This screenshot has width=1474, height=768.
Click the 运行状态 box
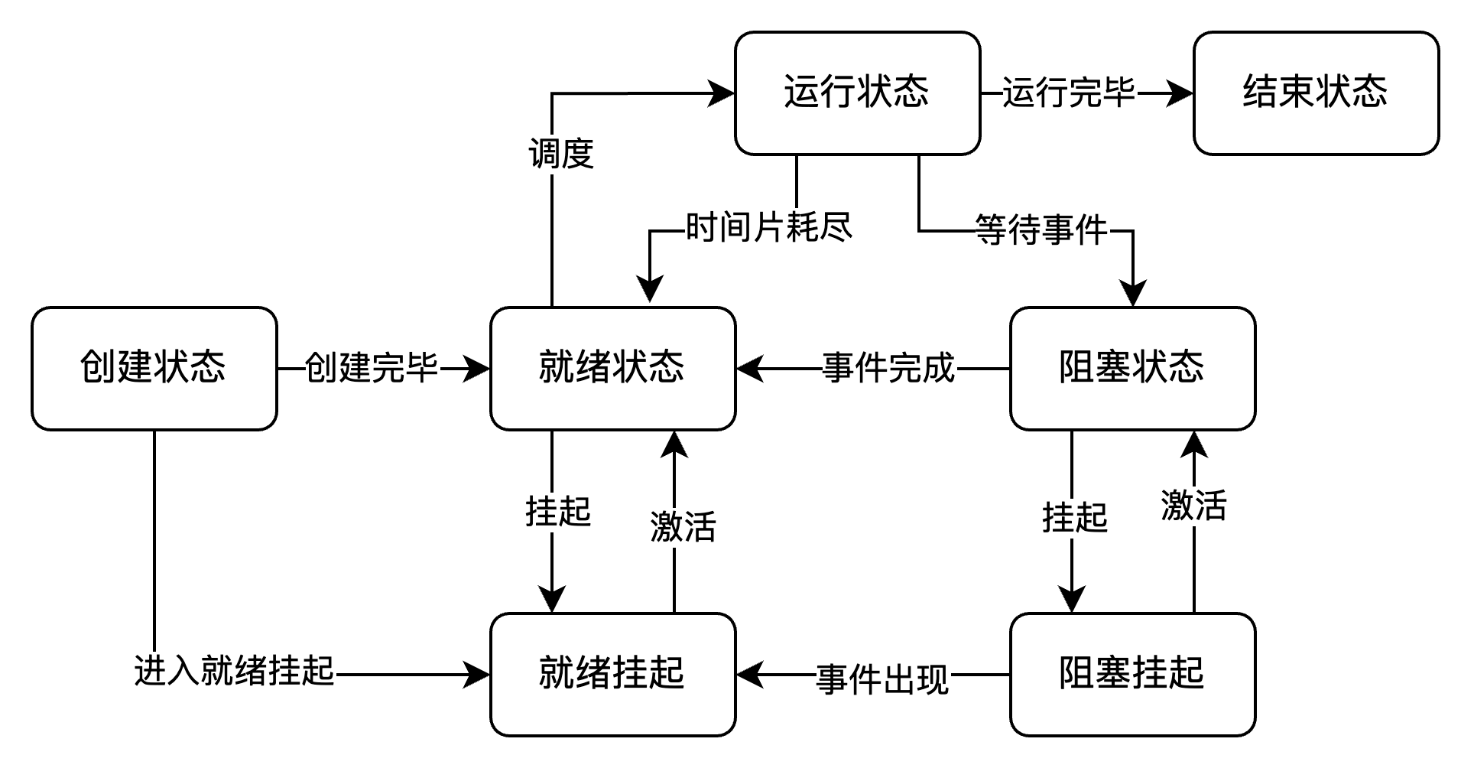(x=857, y=93)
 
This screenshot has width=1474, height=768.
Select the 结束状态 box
(x=1316, y=93)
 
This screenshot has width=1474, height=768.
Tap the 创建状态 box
(x=154, y=368)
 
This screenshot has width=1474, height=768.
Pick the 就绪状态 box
(x=612, y=368)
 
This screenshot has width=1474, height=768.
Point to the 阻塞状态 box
(x=1132, y=368)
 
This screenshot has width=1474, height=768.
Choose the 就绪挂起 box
(x=612, y=674)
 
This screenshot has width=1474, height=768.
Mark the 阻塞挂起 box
(x=1132, y=674)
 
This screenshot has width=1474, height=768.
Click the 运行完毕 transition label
(x=1070, y=93)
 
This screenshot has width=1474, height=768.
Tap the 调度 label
(x=562, y=155)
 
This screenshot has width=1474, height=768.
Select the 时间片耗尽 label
(x=768, y=228)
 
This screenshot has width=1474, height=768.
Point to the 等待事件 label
(x=1042, y=231)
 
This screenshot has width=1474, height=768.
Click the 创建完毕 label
(x=372, y=369)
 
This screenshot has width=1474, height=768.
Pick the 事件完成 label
(x=889, y=369)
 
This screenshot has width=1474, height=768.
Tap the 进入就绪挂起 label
(x=235, y=672)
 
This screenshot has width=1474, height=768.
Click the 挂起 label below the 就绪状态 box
(x=559, y=513)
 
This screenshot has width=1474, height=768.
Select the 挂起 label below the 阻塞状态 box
(x=1076, y=519)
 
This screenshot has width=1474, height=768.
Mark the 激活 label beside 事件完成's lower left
(x=684, y=528)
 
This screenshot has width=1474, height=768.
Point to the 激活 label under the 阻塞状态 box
(x=1195, y=506)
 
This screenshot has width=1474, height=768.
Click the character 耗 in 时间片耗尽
(x=802, y=228)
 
